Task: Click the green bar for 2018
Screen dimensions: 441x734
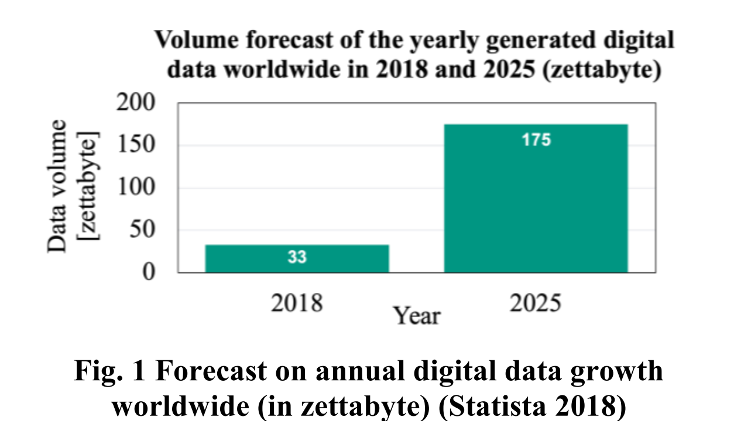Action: coord(297,258)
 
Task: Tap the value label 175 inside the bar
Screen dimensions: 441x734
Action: coord(536,140)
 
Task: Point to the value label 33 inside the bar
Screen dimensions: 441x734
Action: coord(297,257)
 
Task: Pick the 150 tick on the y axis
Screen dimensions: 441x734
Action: coord(136,146)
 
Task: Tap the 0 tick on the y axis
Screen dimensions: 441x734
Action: coord(149,273)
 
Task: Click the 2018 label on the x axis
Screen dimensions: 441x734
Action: coord(297,304)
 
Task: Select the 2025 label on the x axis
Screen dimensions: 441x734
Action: coord(536,304)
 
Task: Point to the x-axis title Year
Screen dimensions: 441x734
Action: coord(416,316)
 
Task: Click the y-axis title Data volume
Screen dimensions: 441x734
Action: coord(57,186)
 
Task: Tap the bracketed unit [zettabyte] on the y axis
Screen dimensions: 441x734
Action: coord(91,186)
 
